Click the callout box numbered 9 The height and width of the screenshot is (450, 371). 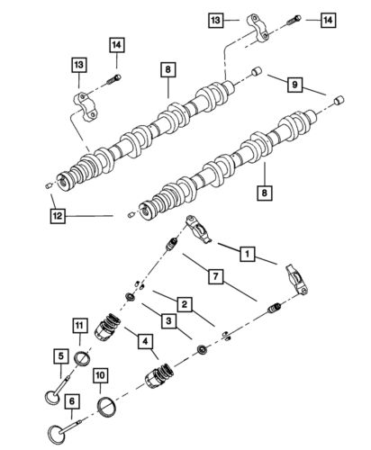(x=293, y=85)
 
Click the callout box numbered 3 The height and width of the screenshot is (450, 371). (x=169, y=320)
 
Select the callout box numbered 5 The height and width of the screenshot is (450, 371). (x=61, y=355)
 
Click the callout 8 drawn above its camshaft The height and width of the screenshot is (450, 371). (x=167, y=67)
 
